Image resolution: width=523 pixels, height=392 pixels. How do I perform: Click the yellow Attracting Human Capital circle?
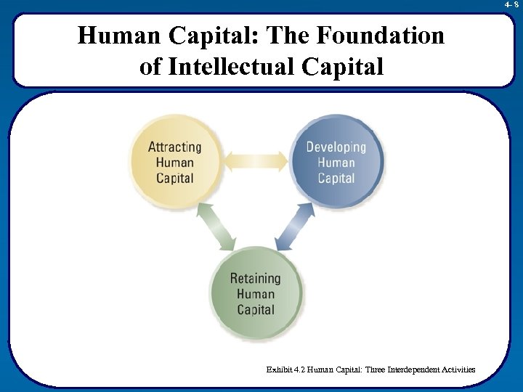(174, 161)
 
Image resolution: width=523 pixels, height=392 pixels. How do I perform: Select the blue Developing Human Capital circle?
(336, 161)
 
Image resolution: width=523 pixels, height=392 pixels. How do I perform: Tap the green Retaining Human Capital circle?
(256, 293)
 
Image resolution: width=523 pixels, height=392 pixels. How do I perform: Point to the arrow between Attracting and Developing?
(255, 160)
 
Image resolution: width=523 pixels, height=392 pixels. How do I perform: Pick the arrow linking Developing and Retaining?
(295, 226)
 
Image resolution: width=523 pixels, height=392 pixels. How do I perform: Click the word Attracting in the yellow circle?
(174, 147)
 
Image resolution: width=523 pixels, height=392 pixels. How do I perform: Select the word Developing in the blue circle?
(336, 147)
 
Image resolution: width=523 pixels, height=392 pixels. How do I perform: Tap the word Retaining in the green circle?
(256, 278)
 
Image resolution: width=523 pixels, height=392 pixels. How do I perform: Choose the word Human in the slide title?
(121, 36)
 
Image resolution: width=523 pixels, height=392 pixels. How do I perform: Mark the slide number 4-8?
(511, 4)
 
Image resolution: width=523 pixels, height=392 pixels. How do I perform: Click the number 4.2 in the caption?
(299, 370)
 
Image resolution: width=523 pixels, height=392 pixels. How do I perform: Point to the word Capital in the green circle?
(256, 309)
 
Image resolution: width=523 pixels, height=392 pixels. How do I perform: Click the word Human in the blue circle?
(336, 163)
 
